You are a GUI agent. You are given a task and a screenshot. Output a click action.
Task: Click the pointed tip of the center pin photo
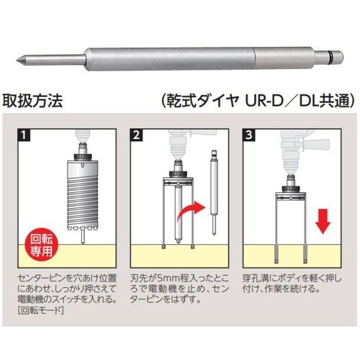(x=17, y=59)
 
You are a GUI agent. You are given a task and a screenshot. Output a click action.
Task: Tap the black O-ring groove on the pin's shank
(x=331, y=58)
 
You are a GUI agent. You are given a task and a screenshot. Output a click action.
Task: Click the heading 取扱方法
(x=33, y=101)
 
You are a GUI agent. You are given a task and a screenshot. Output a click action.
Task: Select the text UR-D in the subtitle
(x=264, y=101)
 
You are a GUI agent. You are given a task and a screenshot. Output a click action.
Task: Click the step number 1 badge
(x=24, y=135)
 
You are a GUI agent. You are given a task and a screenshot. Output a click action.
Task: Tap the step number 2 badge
(x=136, y=135)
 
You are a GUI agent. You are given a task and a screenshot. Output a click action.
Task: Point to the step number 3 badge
(x=249, y=135)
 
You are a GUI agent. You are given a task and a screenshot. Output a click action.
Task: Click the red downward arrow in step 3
(x=323, y=221)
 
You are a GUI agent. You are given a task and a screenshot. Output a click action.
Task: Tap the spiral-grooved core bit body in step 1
(x=82, y=202)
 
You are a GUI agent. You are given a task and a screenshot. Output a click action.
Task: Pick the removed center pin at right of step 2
(x=214, y=192)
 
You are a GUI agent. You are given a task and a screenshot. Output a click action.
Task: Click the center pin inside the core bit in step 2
(x=179, y=214)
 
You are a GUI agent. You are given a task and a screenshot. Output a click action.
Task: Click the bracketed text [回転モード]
(x=41, y=310)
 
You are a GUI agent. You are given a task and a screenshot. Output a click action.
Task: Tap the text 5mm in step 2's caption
(x=167, y=278)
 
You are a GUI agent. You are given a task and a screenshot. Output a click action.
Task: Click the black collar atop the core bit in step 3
(x=291, y=189)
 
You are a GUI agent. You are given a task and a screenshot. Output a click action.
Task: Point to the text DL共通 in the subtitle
(x=326, y=101)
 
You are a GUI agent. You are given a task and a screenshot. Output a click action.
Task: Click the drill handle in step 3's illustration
(x=318, y=143)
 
